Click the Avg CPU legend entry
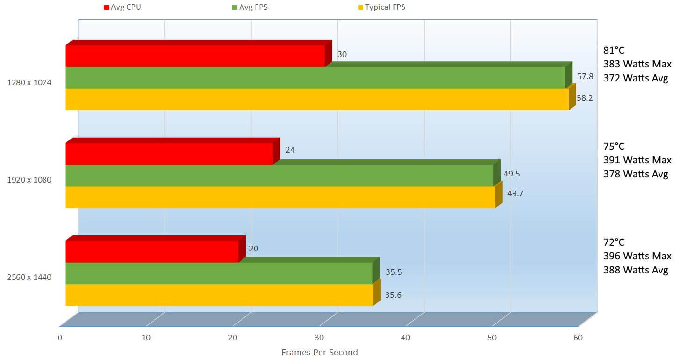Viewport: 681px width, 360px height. (122, 7)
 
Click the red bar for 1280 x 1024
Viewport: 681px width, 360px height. (195, 56)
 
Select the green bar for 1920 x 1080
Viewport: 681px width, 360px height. (279, 176)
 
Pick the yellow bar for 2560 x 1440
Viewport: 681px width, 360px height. (219, 295)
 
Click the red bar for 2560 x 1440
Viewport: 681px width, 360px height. (152, 251)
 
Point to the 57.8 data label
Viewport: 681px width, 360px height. (585, 76)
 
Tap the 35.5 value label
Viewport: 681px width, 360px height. (394, 272)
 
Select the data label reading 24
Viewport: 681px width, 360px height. (290, 150)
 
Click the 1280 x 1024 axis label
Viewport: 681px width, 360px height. (29, 82)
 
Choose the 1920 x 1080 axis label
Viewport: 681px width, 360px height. (29, 180)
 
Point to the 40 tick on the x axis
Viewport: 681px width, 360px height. (405, 338)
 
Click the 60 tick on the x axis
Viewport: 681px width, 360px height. (578, 338)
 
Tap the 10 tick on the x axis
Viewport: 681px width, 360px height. (146, 338)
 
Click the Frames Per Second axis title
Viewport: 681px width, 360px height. (319, 352)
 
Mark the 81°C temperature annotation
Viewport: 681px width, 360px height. (614, 51)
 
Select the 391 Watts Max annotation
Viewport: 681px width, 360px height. (637, 160)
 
